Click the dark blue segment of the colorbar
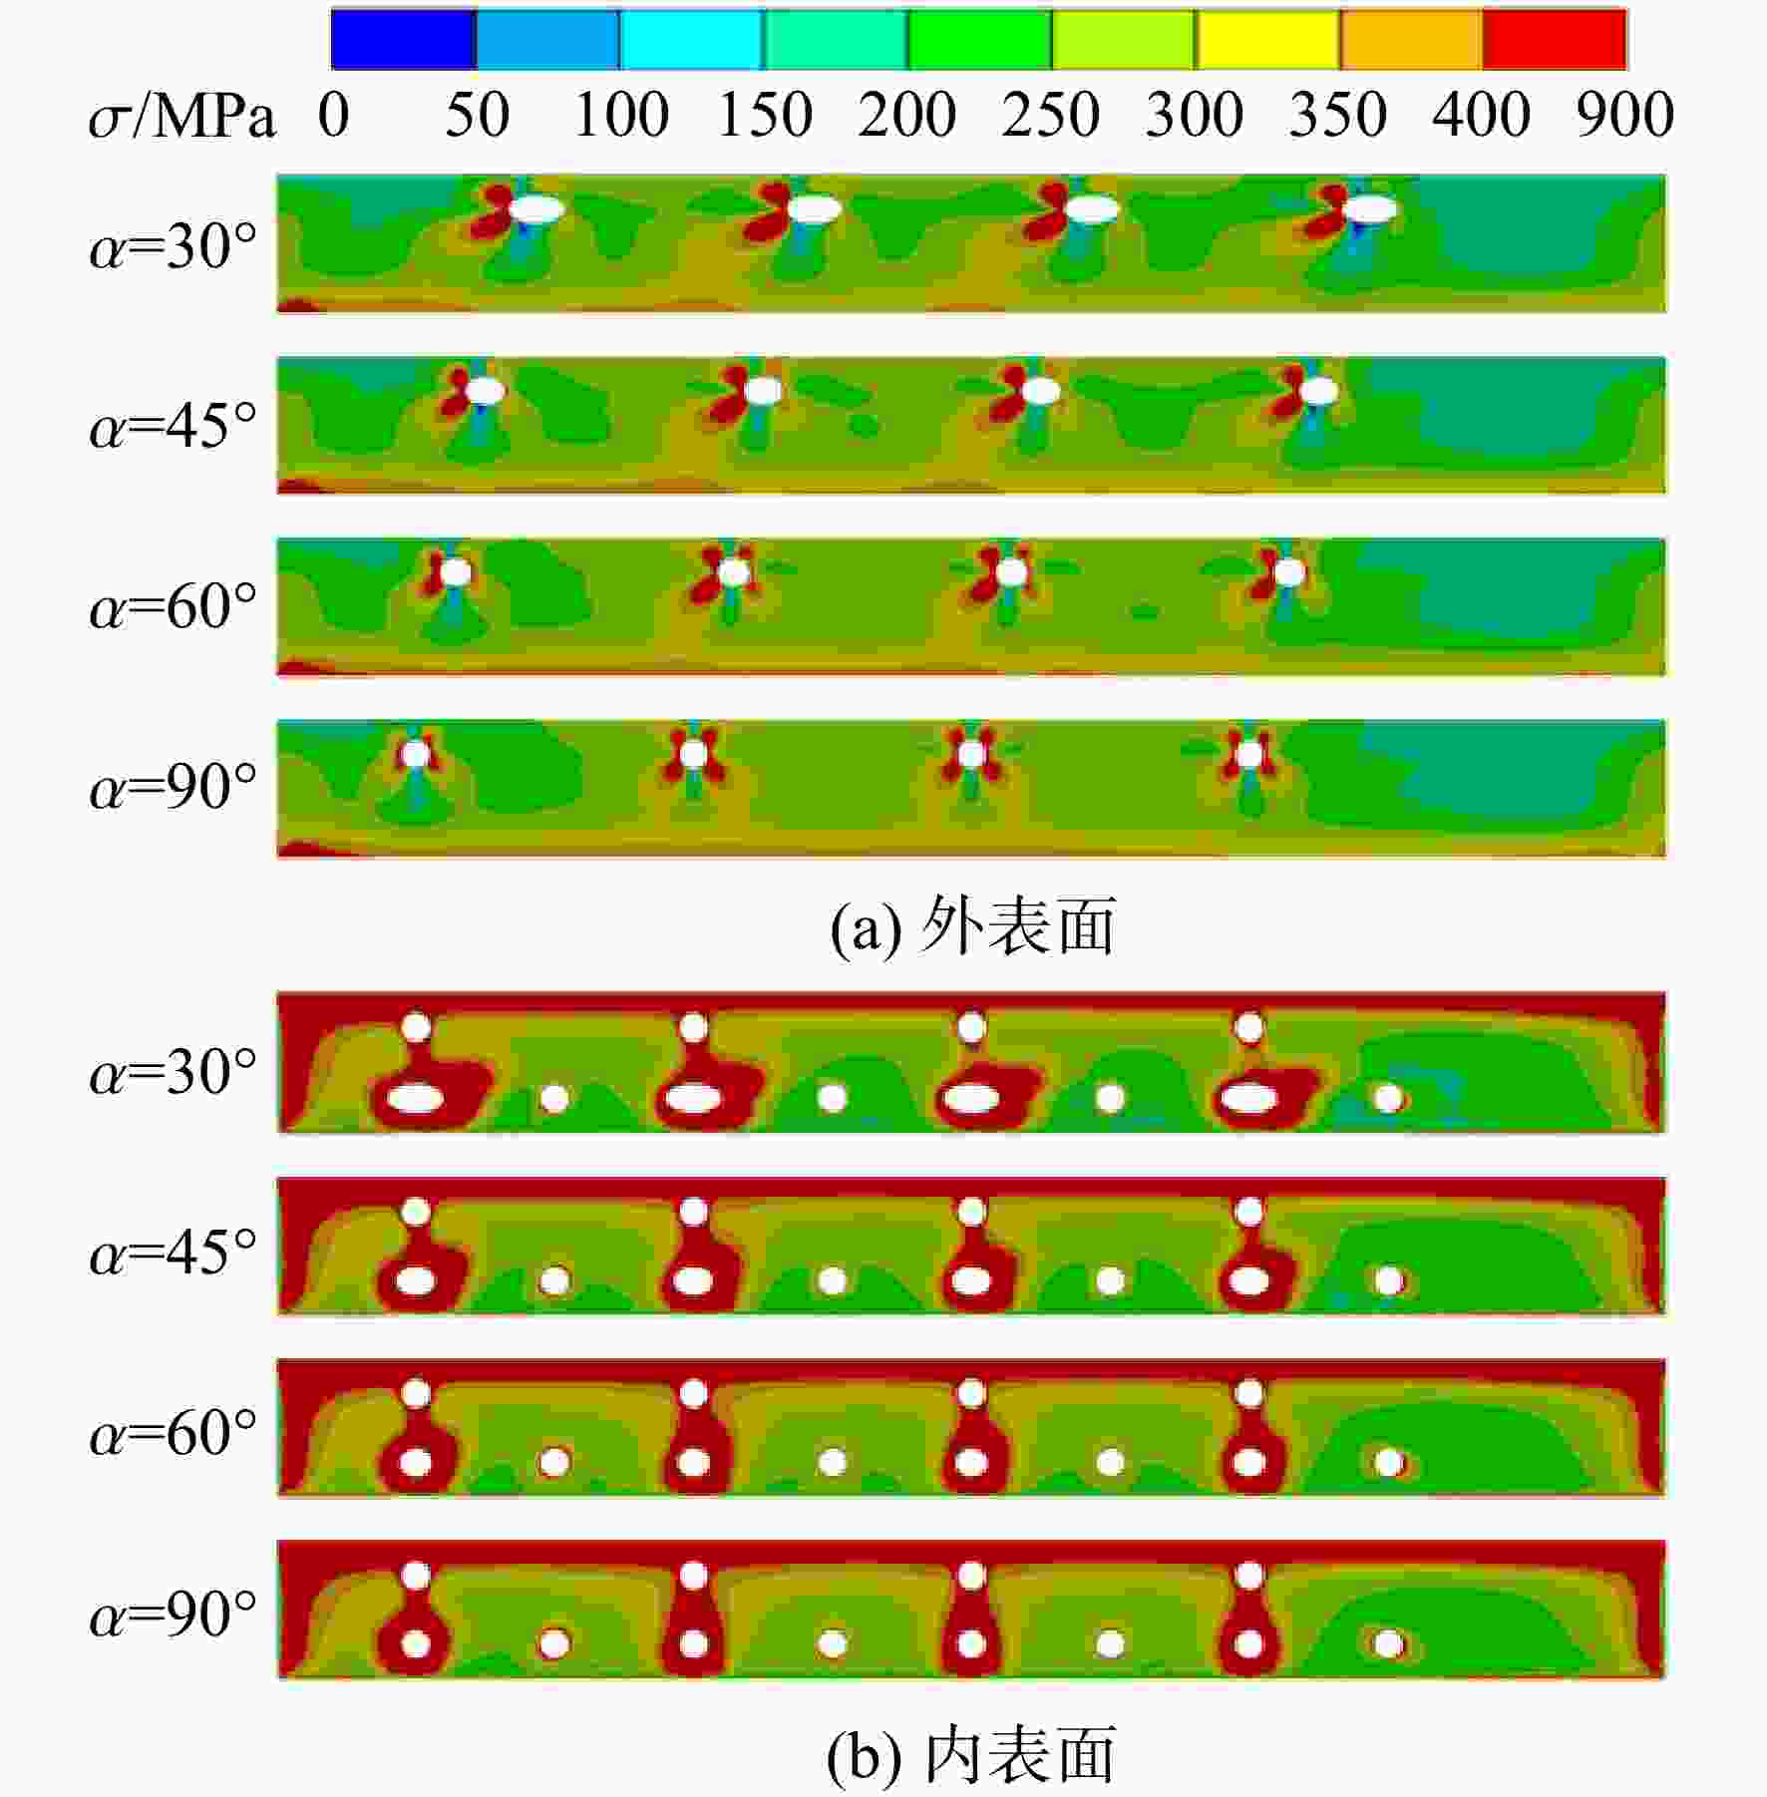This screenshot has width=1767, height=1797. pyautogui.click(x=403, y=39)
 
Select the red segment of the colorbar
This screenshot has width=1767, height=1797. pyautogui.click(x=1555, y=39)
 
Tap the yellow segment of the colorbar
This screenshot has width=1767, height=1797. pyautogui.click(x=1267, y=39)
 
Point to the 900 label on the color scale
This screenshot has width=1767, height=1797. pyautogui.click(x=1624, y=115)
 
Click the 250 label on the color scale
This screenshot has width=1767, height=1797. pyautogui.click(x=1050, y=115)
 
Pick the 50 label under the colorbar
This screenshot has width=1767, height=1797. pyautogui.click(x=477, y=115)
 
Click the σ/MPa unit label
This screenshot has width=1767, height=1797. pyautogui.click(x=181, y=118)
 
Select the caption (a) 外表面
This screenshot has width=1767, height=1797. pyautogui.click(x=972, y=926)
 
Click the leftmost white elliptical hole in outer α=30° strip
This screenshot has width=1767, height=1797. pyautogui.click(x=537, y=208)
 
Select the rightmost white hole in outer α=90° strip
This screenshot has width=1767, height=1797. pyautogui.click(x=1248, y=755)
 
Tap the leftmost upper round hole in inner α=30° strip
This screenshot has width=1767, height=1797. pyautogui.click(x=416, y=1026)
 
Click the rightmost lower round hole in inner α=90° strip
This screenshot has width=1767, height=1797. pyautogui.click(x=1388, y=1643)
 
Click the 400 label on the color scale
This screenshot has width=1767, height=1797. pyautogui.click(x=1481, y=115)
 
